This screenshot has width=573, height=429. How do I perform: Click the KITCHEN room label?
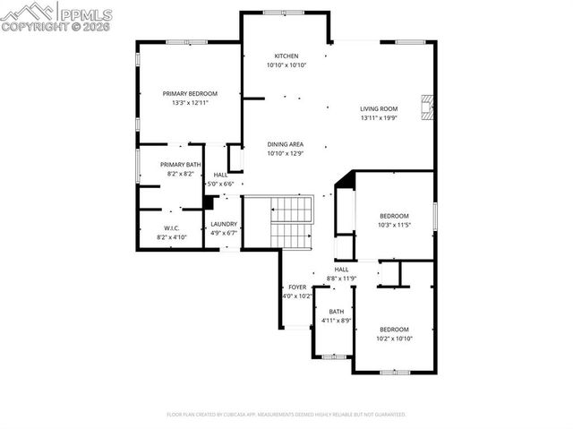[x=286, y=56]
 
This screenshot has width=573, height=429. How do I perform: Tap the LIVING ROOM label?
[x=379, y=109]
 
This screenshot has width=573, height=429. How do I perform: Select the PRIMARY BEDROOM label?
[x=190, y=93]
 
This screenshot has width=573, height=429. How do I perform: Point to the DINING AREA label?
[x=286, y=144]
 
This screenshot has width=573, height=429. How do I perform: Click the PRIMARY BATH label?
[x=181, y=164]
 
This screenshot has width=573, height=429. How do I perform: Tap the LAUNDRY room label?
[x=224, y=224]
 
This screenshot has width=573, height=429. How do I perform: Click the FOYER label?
[x=297, y=287]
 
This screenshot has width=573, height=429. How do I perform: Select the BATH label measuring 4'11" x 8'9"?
[x=336, y=312]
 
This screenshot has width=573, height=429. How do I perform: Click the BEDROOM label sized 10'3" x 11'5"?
[x=394, y=216]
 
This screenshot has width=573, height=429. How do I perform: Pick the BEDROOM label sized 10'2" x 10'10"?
[x=394, y=329]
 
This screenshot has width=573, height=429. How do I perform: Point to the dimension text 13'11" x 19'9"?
[x=379, y=118]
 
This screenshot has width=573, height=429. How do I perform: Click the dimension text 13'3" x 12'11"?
[x=190, y=103]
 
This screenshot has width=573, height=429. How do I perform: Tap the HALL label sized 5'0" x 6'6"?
[x=220, y=175]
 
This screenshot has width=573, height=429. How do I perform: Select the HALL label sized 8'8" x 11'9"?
[x=341, y=269]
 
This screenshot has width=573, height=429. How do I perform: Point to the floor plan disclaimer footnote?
[x=286, y=415]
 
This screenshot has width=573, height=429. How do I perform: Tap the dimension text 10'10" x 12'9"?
[x=286, y=154]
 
